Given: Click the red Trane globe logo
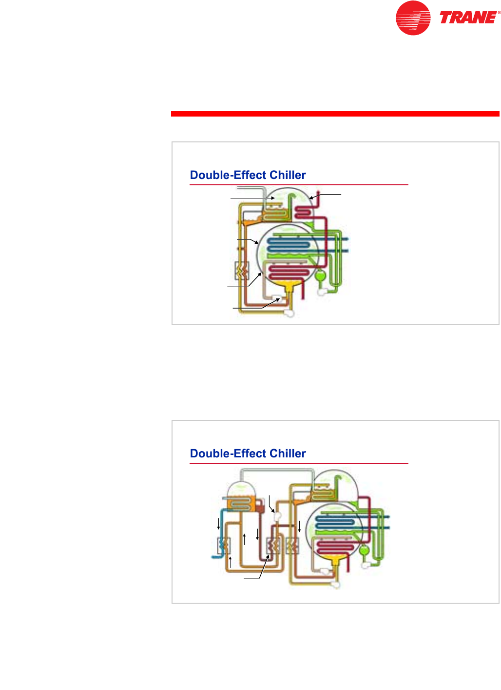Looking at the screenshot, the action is [x=413, y=18].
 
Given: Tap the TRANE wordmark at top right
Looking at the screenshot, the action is [x=469, y=18].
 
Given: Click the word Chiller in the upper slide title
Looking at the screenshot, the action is [x=288, y=175].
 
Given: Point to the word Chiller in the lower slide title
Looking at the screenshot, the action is [x=288, y=453].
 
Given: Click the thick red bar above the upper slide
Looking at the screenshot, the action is [x=335, y=114].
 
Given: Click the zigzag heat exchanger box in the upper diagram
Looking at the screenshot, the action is [x=242, y=270].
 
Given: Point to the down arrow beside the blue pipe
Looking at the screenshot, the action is [x=218, y=524].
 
